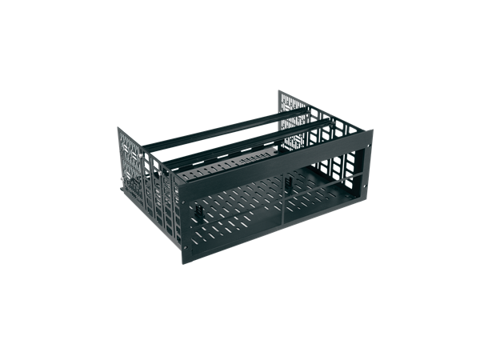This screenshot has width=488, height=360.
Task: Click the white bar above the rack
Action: click(x=244, y=60)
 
